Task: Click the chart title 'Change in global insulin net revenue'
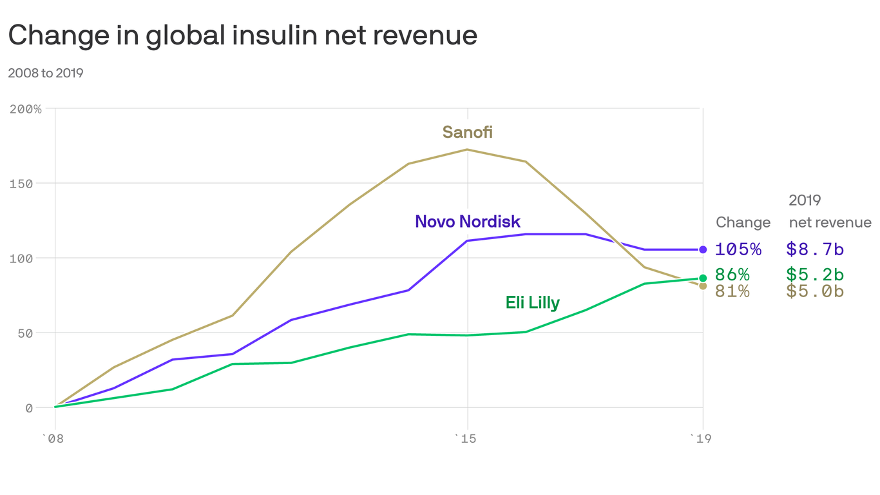click(x=242, y=35)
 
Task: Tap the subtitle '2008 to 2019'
click(x=46, y=73)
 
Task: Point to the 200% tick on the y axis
click(x=26, y=109)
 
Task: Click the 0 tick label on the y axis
click(x=29, y=408)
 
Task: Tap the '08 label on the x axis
click(x=54, y=439)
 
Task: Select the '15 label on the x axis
click(x=466, y=439)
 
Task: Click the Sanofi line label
click(x=467, y=132)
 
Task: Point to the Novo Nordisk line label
click(x=467, y=222)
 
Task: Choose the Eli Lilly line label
click(x=532, y=302)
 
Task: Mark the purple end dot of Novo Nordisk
click(x=703, y=249)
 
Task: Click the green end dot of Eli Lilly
click(x=703, y=278)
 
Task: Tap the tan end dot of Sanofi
click(x=703, y=286)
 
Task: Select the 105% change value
click(x=738, y=249)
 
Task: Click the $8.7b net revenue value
click(x=814, y=249)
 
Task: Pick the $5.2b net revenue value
click(x=814, y=275)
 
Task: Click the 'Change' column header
click(x=743, y=222)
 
